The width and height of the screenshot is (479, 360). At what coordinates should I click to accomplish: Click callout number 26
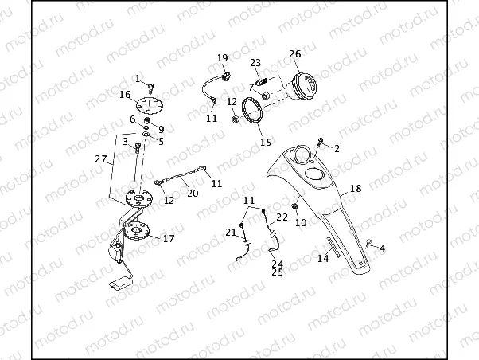coord(294,54)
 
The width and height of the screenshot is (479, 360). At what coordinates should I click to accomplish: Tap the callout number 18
coord(355,190)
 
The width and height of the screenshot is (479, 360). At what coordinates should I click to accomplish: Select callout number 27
coord(100,159)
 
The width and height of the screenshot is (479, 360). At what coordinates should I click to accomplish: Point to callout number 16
coord(126,95)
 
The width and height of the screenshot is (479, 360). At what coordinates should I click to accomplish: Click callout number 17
coord(168,238)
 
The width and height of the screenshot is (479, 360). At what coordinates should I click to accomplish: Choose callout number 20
coord(193,192)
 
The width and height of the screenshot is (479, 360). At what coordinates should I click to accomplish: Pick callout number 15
coord(266,143)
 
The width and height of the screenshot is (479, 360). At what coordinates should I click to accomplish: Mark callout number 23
coord(255,62)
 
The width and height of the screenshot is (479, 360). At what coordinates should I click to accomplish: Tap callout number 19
coord(222,57)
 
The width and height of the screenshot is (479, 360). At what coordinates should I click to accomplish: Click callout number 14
coord(323,258)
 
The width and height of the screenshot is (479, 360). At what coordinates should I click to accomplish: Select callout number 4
coord(382,248)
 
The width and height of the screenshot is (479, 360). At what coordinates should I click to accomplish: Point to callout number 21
coord(230,232)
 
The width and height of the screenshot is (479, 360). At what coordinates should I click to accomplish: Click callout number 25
coord(277,272)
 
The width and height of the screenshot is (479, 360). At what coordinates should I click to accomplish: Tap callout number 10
coord(300,223)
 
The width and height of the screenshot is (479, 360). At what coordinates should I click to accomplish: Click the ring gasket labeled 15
coord(255,111)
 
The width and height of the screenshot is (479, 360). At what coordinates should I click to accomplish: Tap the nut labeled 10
coord(294,209)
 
